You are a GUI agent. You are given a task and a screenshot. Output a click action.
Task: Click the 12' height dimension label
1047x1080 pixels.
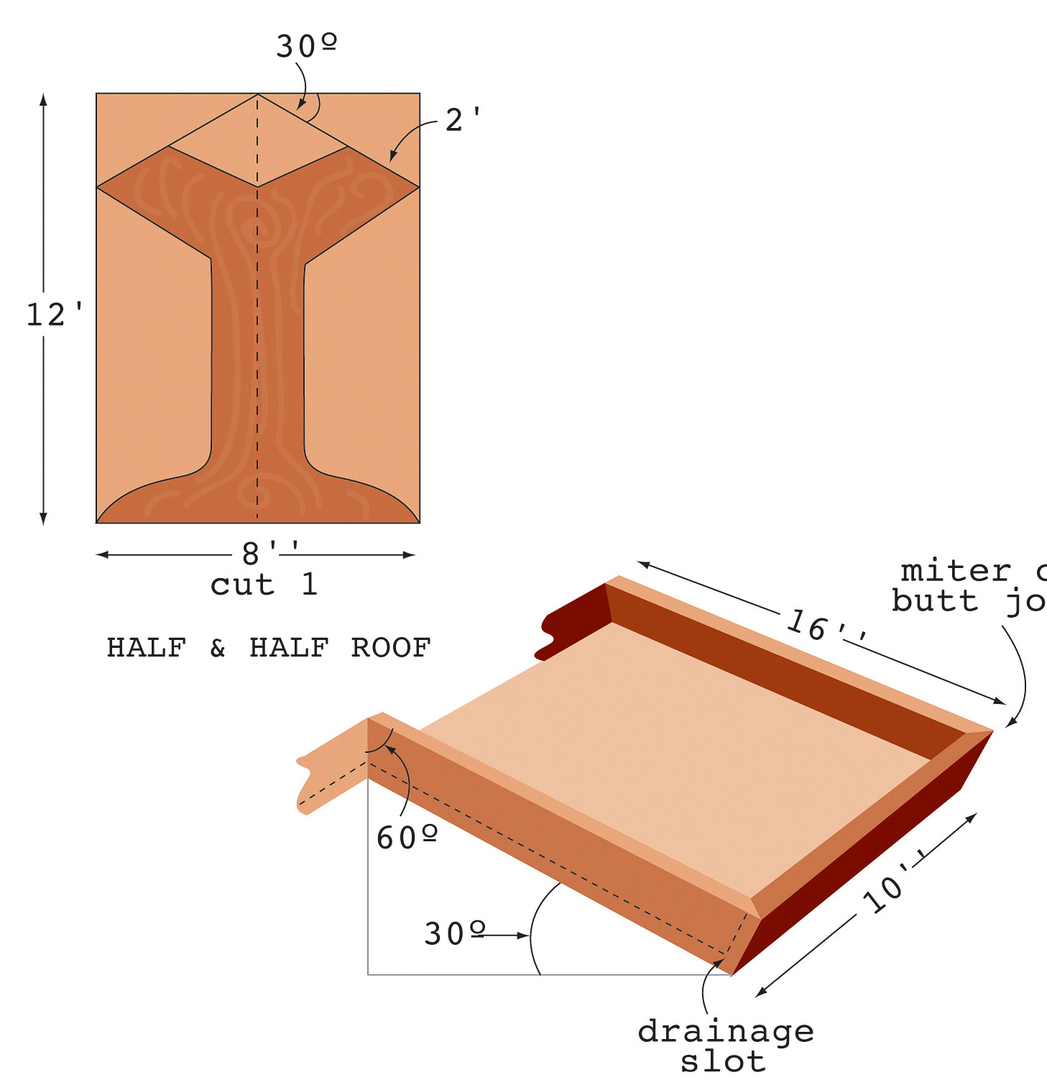pyautogui.click(x=54, y=315)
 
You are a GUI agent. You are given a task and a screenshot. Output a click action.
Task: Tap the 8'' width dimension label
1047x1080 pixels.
pyautogui.click(x=270, y=553)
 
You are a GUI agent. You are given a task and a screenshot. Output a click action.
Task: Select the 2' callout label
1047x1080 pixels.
pyautogui.click(x=462, y=120)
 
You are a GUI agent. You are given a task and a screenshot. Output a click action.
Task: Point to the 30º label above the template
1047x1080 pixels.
pyautogui.click(x=306, y=47)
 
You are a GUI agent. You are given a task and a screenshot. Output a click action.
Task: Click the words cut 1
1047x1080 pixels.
pyautogui.click(x=264, y=585)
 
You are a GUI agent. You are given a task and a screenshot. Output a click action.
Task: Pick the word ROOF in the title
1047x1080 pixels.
pyautogui.click(x=390, y=648)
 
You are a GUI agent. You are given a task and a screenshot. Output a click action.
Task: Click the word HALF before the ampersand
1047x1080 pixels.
pyautogui.click(x=147, y=648)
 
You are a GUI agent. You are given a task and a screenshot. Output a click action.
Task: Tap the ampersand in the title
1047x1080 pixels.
pyautogui.click(x=218, y=648)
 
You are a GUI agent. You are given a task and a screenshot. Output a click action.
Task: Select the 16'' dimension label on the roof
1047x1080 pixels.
pyautogui.click(x=826, y=627)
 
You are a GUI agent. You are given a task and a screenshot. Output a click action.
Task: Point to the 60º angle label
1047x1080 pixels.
pyautogui.click(x=407, y=838)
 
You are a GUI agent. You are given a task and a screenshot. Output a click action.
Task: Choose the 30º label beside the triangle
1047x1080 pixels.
pyautogui.click(x=454, y=934)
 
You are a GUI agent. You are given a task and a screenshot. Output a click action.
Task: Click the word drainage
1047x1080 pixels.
pyautogui.click(x=726, y=1033)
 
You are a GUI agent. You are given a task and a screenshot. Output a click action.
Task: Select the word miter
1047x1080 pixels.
pyautogui.click(x=956, y=571)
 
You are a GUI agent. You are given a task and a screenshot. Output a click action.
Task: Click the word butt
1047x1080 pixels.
pyautogui.click(x=935, y=600)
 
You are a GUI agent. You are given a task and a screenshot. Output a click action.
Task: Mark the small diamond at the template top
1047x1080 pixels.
pyautogui.click(x=258, y=141)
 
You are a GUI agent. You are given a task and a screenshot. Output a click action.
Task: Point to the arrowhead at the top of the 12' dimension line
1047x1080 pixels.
pyautogui.click(x=44, y=99)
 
